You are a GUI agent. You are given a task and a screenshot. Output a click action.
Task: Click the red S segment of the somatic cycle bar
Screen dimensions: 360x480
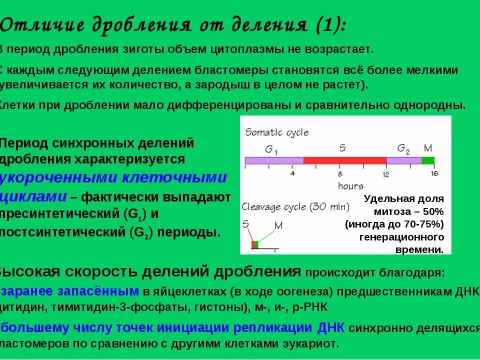coord(344,160)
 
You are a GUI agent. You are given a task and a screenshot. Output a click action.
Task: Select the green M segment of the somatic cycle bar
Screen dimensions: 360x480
coord(427,160)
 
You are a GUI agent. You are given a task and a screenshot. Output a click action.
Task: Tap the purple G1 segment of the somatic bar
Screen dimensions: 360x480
coord(273,160)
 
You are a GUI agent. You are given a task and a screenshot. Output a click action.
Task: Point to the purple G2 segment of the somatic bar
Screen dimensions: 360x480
coord(403,160)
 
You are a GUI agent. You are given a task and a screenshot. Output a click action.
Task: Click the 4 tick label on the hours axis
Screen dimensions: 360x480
coord(293,174)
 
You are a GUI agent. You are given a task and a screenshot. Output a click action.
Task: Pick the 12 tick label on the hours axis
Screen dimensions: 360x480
coord(385,174)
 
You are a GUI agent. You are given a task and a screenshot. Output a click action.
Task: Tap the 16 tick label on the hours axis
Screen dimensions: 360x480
coord(434,173)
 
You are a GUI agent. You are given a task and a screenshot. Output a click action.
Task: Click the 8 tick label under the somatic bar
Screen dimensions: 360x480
coord(340,174)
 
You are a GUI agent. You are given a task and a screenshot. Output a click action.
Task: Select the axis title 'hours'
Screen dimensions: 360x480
coord(350,186)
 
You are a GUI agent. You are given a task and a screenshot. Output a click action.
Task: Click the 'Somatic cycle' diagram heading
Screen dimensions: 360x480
coord(276,132)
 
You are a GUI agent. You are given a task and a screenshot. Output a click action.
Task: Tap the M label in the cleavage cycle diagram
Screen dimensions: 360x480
coord(278,225)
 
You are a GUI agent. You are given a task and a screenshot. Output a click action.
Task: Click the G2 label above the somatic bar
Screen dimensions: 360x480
coord(403,148)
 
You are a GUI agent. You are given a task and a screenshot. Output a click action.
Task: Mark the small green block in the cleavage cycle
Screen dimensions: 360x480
coord(256,244)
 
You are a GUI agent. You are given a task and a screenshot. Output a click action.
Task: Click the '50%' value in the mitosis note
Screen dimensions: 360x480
coord(432,210)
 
